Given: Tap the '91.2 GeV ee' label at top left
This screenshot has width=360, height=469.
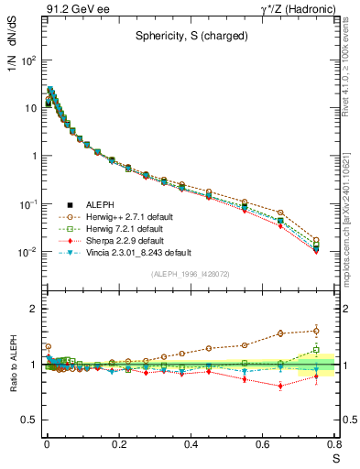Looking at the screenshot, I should point(76,10).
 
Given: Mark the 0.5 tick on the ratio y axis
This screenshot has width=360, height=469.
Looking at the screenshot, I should point(31,420).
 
